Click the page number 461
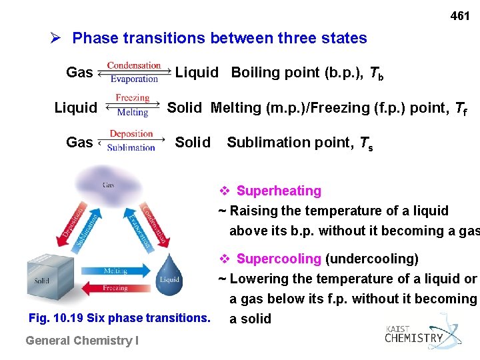coord(460,15)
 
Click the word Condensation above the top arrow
coord(134,65)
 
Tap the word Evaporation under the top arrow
coord(134,79)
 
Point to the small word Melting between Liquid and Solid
coord(133,113)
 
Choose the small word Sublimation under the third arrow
coord(131,148)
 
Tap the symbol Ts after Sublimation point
coord(365,143)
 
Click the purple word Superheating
coord(279,191)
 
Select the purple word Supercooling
coord(279,259)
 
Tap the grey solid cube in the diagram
coord(48,280)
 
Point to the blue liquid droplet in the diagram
coord(169,275)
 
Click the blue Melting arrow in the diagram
coord(115,271)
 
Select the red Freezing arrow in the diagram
coord(115,288)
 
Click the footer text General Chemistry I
coord(81,341)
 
